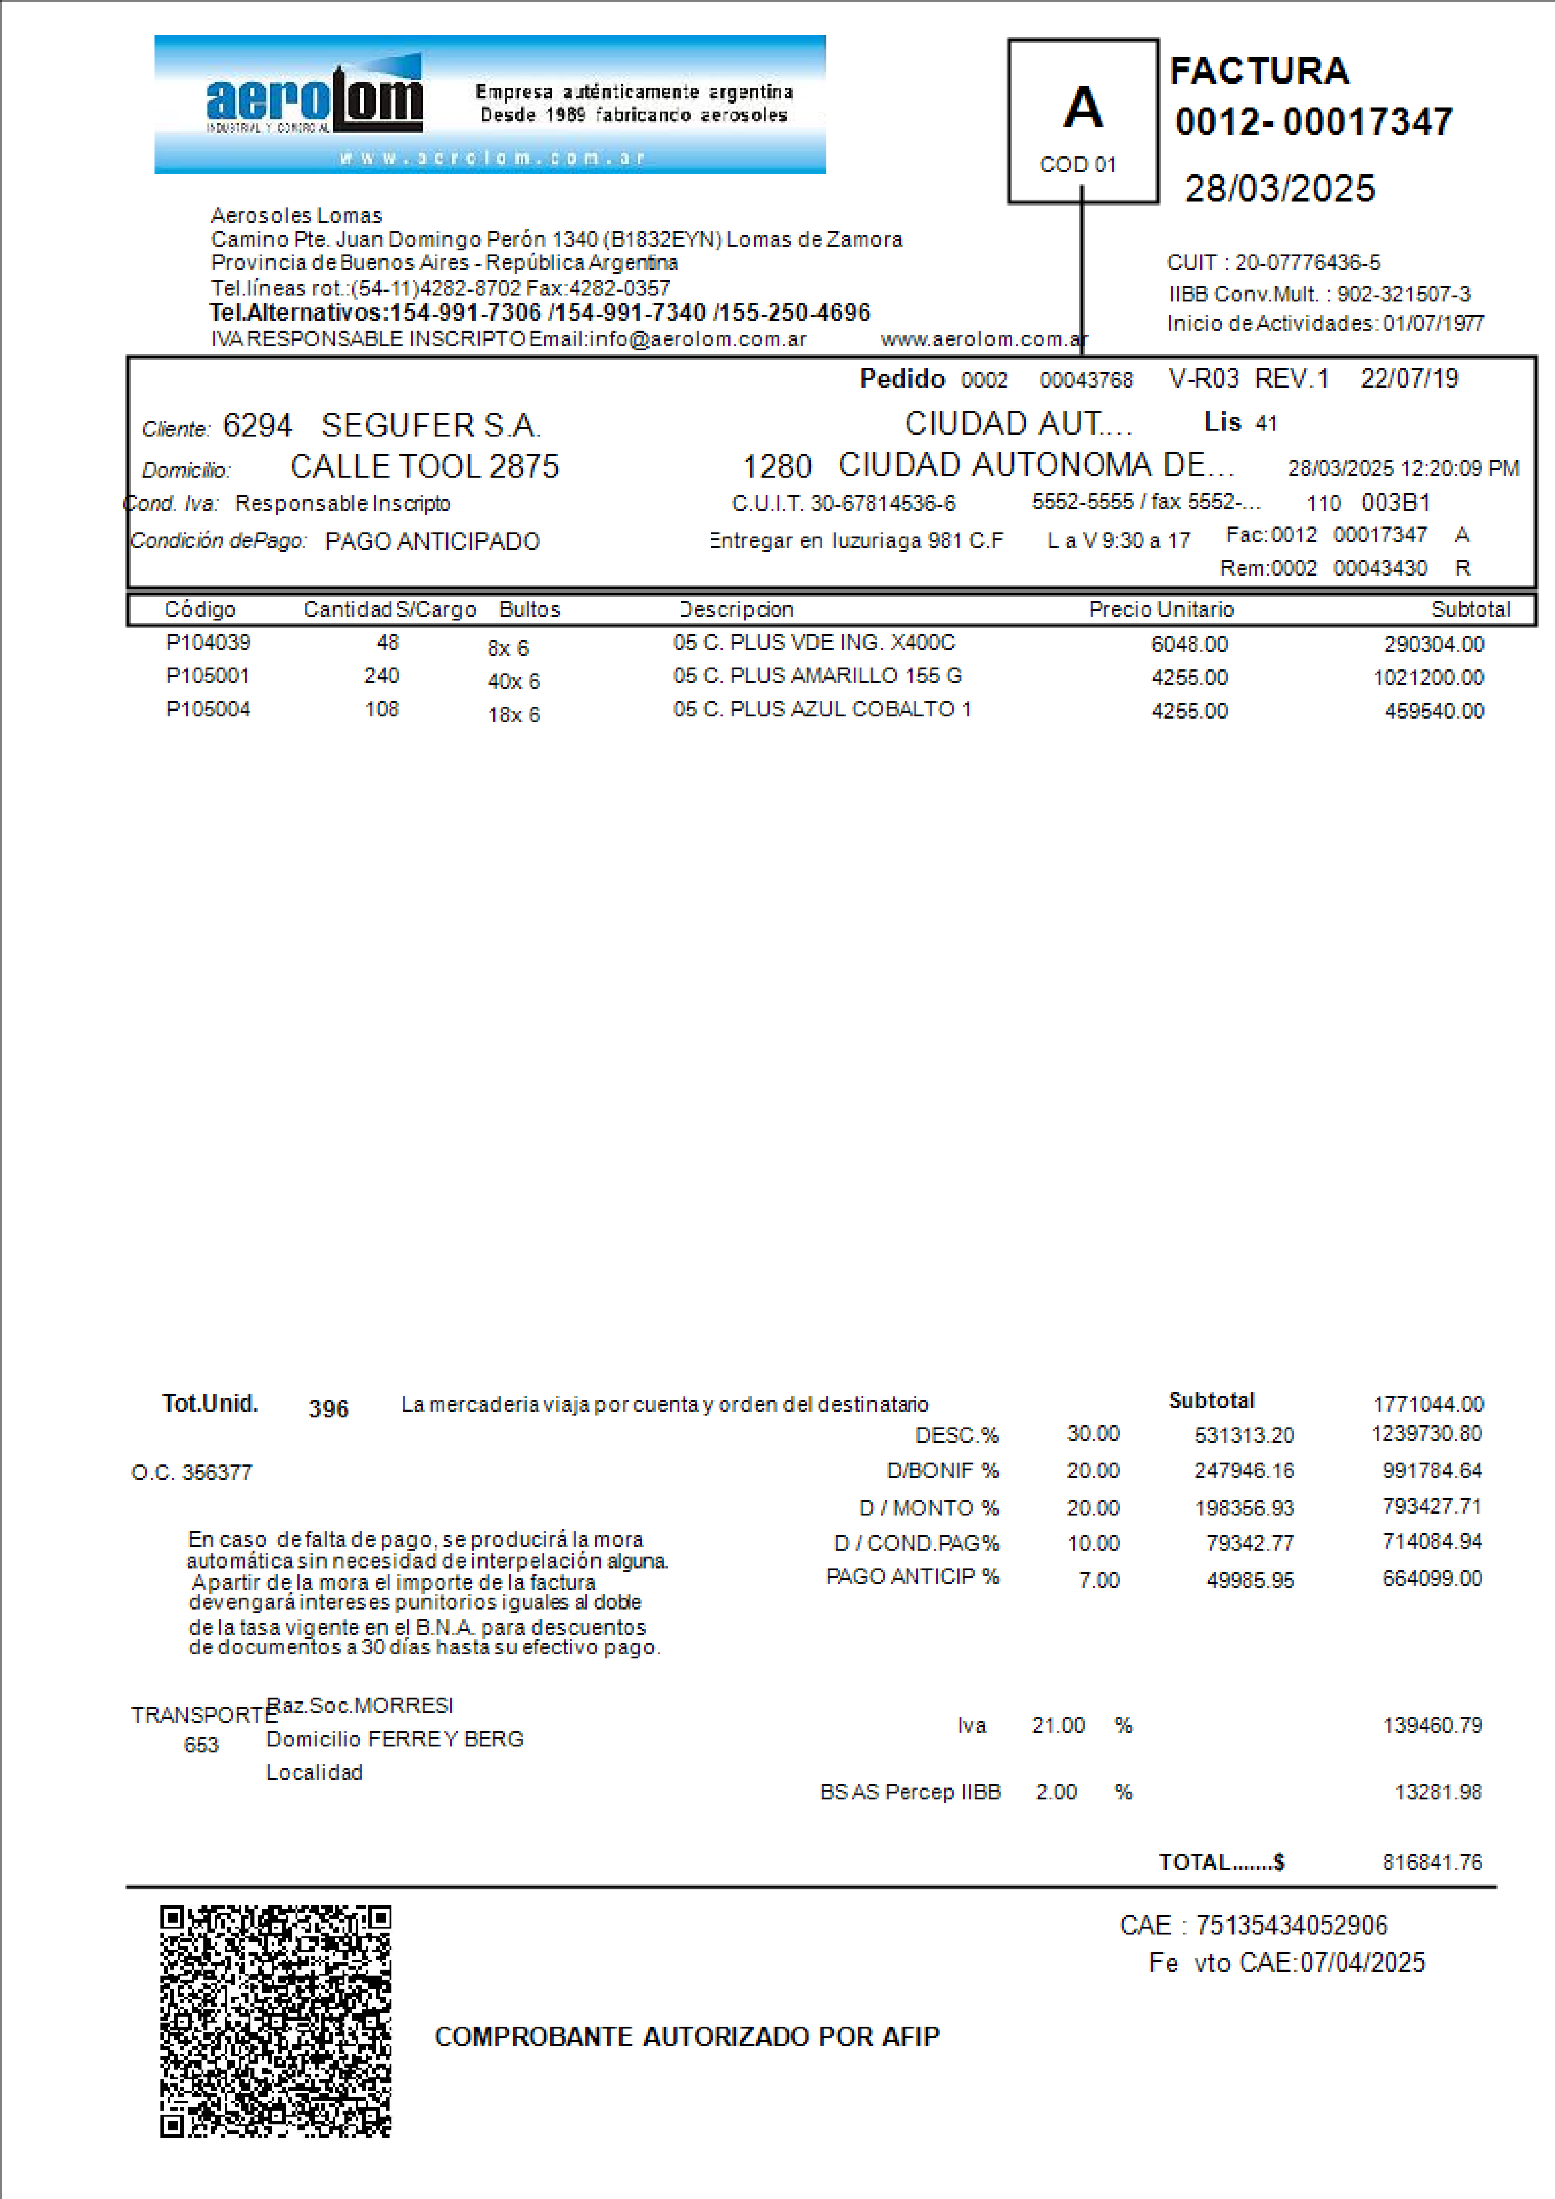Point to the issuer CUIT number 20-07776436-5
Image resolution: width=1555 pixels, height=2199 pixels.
point(1307,262)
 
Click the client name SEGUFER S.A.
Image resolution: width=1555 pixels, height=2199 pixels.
point(431,425)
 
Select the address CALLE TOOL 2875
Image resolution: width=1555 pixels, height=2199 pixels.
point(424,466)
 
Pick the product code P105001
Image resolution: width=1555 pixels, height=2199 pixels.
point(208,676)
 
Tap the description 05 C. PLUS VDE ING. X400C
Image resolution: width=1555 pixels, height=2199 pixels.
point(814,643)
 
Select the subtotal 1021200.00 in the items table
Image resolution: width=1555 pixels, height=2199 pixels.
point(1428,678)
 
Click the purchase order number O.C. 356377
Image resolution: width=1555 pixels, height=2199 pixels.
point(191,1473)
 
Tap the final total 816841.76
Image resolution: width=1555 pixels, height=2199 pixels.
point(1432,1863)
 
